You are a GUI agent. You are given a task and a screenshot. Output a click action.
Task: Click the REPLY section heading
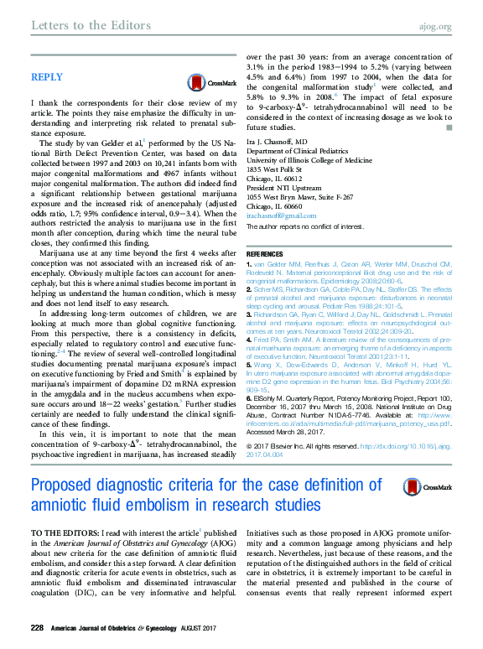(x=46, y=77)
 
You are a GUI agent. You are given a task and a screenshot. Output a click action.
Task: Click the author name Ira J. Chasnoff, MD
(x=277, y=142)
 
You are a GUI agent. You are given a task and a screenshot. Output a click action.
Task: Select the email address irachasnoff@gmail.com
(x=278, y=215)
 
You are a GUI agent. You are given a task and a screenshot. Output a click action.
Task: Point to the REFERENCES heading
(x=270, y=253)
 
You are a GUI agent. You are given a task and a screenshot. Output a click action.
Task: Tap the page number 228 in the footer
(x=37, y=628)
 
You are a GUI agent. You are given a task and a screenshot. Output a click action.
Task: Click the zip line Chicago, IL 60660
(x=273, y=206)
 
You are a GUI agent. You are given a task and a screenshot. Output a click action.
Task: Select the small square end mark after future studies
(x=449, y=127)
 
